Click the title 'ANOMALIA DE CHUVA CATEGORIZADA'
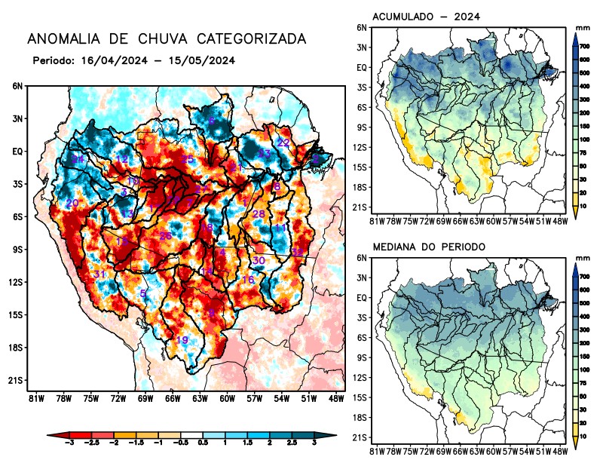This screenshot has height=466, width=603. tap(167, 38)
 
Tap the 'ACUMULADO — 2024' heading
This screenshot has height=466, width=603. tap(427, 17)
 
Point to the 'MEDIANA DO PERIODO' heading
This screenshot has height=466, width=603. tap(432, 247)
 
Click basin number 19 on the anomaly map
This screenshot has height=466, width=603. tap(182, 340)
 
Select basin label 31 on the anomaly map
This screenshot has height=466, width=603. tap(99, 274)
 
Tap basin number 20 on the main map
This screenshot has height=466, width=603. tap(72, 204)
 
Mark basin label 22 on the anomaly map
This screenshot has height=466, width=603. tap(283, 143)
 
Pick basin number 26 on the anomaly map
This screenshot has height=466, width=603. tap(166, 236)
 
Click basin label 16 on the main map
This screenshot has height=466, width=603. tap(247, 280)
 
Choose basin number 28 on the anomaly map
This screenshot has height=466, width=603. tap(259, 214)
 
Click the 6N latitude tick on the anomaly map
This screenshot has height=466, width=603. tap(17, 86)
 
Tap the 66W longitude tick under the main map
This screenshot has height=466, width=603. tap(173, 398)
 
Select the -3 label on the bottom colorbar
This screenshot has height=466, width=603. tap(69, 446)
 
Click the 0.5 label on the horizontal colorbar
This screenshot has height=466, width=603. tap(203, 446)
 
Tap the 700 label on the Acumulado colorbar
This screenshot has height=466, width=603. tap(584, 46)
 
